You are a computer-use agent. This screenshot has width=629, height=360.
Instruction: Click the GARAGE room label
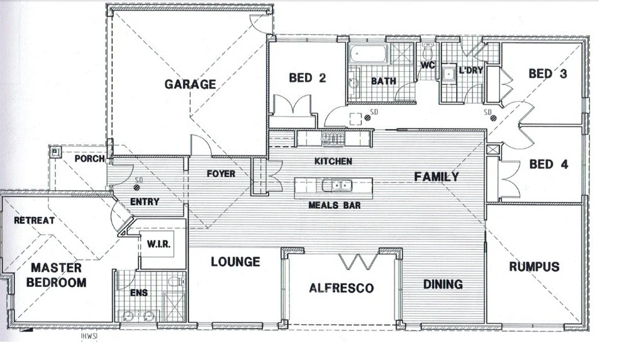(x=190, y=84)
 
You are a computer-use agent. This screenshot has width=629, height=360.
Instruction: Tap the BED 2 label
(x=308, y=78)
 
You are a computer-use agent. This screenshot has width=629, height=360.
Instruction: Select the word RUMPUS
(x=533, y=267)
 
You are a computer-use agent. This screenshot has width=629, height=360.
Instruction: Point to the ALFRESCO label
(x=341, y=288)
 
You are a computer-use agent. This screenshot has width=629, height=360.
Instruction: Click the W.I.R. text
(x=156, y=244)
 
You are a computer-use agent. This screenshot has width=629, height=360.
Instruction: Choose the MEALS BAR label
(x=333, y=205)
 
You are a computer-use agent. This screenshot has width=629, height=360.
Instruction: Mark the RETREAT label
(x=34, y=220)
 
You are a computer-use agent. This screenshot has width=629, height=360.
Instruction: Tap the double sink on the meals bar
(x=334, y=185)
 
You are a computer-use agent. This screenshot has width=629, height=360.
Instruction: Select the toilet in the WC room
(x=428, y=50)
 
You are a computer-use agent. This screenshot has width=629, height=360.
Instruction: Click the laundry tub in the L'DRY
(x=449, y=75)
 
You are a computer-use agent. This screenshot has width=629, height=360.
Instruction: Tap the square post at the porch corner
(x=56, y=151)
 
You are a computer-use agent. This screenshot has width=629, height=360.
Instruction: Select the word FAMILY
(x=436, y=177)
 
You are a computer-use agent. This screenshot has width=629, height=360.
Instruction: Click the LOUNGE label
(x=235, y=261)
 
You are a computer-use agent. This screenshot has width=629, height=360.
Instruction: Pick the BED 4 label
(x=548, y=164)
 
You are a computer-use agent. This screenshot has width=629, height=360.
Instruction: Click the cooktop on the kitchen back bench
(x=331, y=138)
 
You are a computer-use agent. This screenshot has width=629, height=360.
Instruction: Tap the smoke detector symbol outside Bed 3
(x=493, y=119)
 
